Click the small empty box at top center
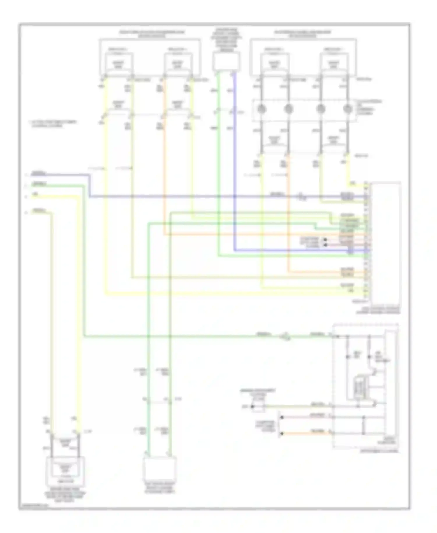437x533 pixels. pyautogui.click(x=226, y=62)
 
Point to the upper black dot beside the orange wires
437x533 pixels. pyautogui.click(x=325, y=240)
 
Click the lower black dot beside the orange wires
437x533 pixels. pyautogui.click(x=325, y=245)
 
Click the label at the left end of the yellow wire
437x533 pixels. pyautogui.click(x=35, y=195)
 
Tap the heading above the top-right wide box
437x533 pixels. pyautogui.click(x=303, y=34)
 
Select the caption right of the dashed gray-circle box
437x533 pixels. pyautogui.click(x=369, y=107)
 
